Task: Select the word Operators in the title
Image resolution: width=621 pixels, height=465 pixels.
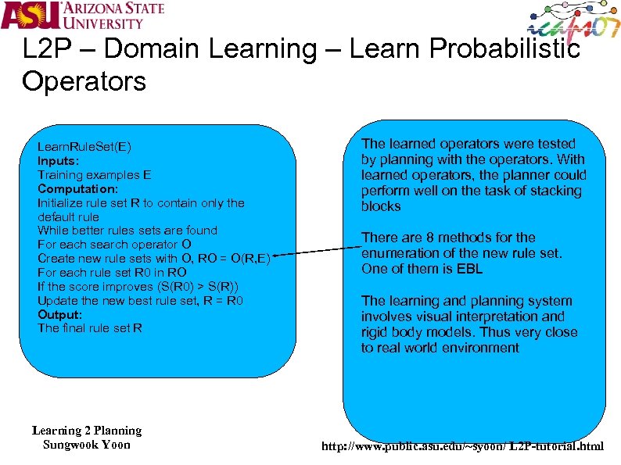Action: coord(84,81)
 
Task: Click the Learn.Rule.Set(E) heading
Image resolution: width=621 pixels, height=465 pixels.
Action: coord(84,147)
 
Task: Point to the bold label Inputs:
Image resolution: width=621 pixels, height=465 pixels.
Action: coord(59,161)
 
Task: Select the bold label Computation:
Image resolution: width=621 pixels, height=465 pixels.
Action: coord(77,189)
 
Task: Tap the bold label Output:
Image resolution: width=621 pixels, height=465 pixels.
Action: coord(59,314)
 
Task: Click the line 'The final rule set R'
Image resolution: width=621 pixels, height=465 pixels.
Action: coord(90,328)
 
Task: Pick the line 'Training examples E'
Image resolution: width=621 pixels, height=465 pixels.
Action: coord(94,175)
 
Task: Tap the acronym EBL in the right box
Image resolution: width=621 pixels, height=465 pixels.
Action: coord(469,269)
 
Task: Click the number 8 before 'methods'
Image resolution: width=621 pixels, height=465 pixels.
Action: coord(429,238)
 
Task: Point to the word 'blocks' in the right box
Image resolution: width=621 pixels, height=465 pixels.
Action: coord(381,206)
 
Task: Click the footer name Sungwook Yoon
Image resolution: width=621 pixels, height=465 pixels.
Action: coord(87,445)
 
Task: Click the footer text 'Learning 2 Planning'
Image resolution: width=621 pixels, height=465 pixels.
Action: coord(87,431)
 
